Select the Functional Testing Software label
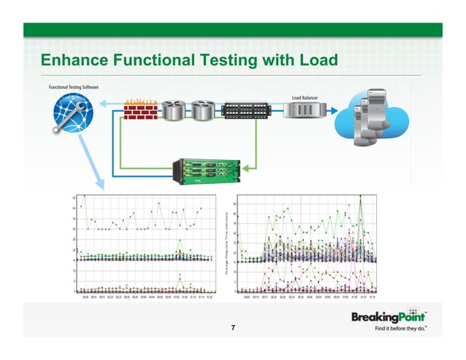(74, 88)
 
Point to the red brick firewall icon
(138, 110)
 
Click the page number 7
(232, 329)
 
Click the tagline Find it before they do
(401, 331)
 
